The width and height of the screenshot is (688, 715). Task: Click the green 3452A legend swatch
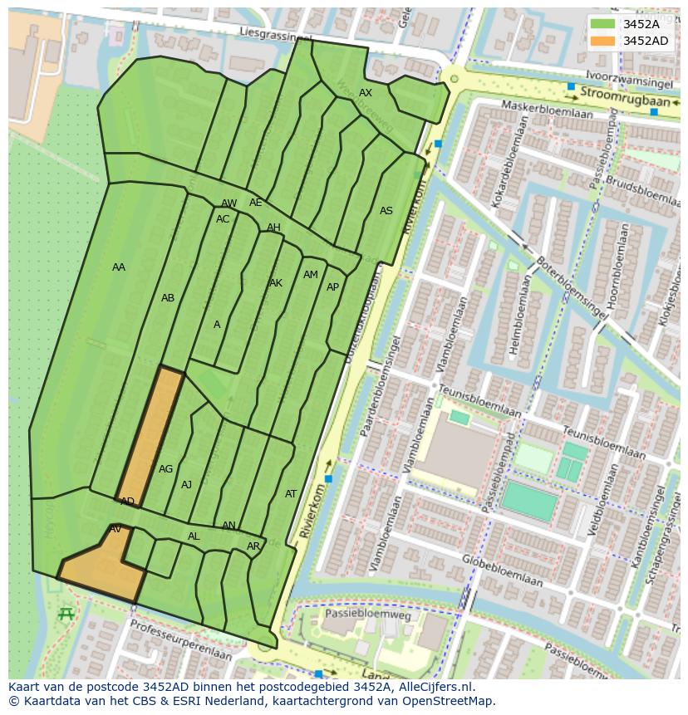coord(603,24)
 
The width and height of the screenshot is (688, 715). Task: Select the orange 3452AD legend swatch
coord(603,41)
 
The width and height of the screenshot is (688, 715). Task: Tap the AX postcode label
coord(366,93)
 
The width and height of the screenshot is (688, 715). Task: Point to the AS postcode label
coord(386,211)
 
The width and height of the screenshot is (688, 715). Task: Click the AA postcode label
coord(119,267)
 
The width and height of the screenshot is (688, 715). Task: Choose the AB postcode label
coord(168,298)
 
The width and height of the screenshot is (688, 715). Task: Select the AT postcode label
coord(291,494)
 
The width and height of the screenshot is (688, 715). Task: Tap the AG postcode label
coord(166,469)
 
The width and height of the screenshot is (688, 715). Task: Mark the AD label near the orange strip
coord(127,502)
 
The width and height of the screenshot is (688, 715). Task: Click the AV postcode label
coord(115,529)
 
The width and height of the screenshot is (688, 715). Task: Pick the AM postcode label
coord(311,275)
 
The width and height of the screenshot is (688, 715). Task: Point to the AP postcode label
coord(333,287)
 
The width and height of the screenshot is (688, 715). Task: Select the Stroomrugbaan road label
coord(613,92)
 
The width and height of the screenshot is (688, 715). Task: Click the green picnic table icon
coord(66,614)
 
